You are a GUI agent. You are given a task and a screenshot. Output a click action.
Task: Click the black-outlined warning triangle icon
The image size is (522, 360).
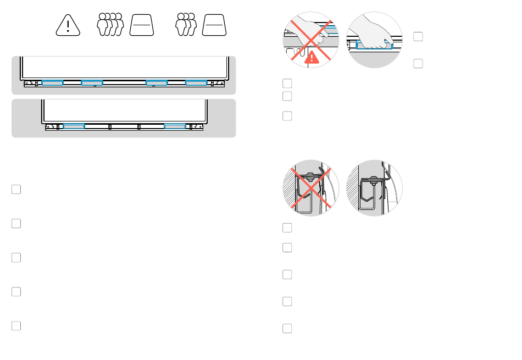(68, 25)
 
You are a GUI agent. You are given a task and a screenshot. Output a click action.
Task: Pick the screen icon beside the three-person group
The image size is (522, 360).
(215, 25)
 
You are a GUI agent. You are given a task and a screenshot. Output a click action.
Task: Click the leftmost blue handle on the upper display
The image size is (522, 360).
(53, 83)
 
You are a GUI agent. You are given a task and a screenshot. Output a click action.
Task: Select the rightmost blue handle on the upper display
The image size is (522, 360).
(196, 83)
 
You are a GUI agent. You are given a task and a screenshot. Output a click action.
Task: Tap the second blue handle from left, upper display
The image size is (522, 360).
(92, 83)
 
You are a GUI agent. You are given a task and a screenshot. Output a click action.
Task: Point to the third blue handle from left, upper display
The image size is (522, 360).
(157, 83)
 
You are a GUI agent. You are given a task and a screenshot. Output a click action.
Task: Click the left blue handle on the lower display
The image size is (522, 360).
(74, 126)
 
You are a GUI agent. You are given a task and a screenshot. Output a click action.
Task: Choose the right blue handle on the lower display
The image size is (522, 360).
(175, 126)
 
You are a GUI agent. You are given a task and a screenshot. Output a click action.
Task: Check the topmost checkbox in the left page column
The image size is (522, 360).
(16, 189)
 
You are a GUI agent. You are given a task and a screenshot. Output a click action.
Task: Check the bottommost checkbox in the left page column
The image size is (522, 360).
(16, 325)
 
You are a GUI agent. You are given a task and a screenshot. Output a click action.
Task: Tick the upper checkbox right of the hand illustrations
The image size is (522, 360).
(418, 37)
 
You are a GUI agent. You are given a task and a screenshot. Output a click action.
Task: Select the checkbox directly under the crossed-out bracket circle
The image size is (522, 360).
(287, 228)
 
